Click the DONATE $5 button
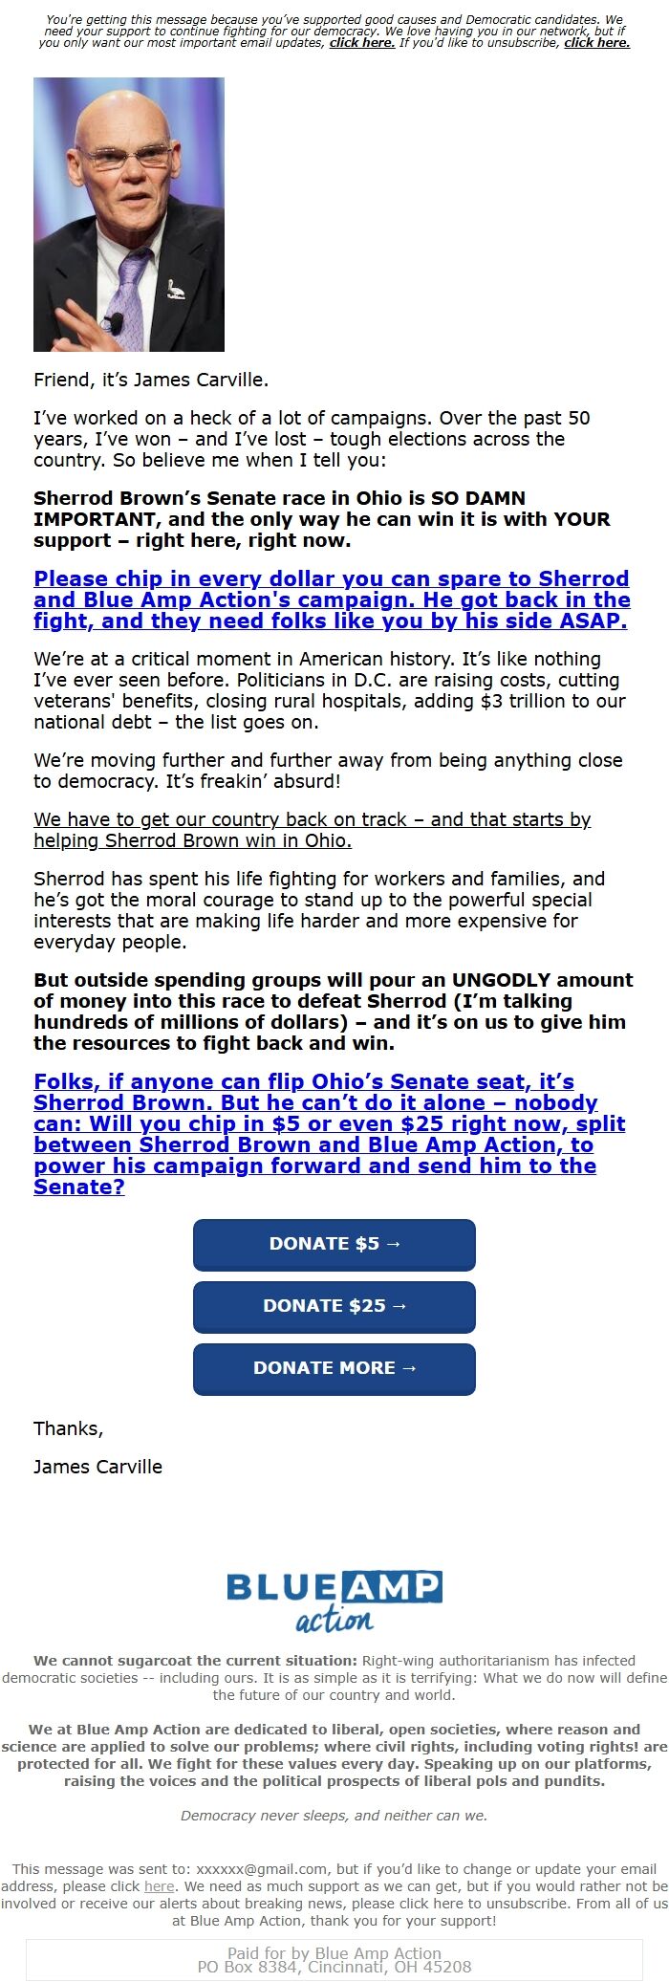[334, 1244]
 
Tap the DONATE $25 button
[334, 1306]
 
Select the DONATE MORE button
[334, 1368]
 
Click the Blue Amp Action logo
[334, 1600]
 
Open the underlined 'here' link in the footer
[160, 1886]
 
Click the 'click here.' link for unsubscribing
[596, 43]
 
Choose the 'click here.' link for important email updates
[362, 43]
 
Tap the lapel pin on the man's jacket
[174, 288]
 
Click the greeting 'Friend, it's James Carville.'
[151, 380]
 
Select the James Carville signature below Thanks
[97, 1467]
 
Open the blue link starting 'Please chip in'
[332, 599]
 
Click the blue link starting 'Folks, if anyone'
[329, 1134]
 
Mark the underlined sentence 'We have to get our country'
[312, 830]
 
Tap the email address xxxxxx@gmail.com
[261, 1869]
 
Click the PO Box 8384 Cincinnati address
[334, 1967]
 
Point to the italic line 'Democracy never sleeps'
[334, 1816]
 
